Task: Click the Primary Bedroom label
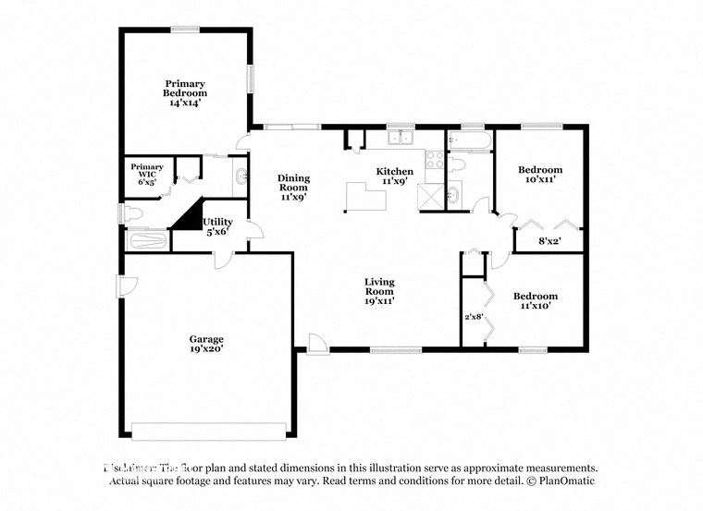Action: click(x=185, y=92)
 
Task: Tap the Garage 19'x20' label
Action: click(x=207, y=345)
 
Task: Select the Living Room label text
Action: click(x=380, y=290)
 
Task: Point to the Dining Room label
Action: click(x=294, y=187)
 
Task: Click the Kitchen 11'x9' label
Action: click(x=394, y=176)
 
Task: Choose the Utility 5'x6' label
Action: click(x=217, y=226)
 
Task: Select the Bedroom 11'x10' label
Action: click(x=535, y=300)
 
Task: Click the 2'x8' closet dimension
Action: click(x=474, y=317)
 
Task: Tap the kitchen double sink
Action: click(x=400, y=140)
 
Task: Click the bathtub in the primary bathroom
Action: click(x=146, y=242)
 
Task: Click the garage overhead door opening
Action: click(x=208, y=430)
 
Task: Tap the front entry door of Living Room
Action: click(x=315, y=345)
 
